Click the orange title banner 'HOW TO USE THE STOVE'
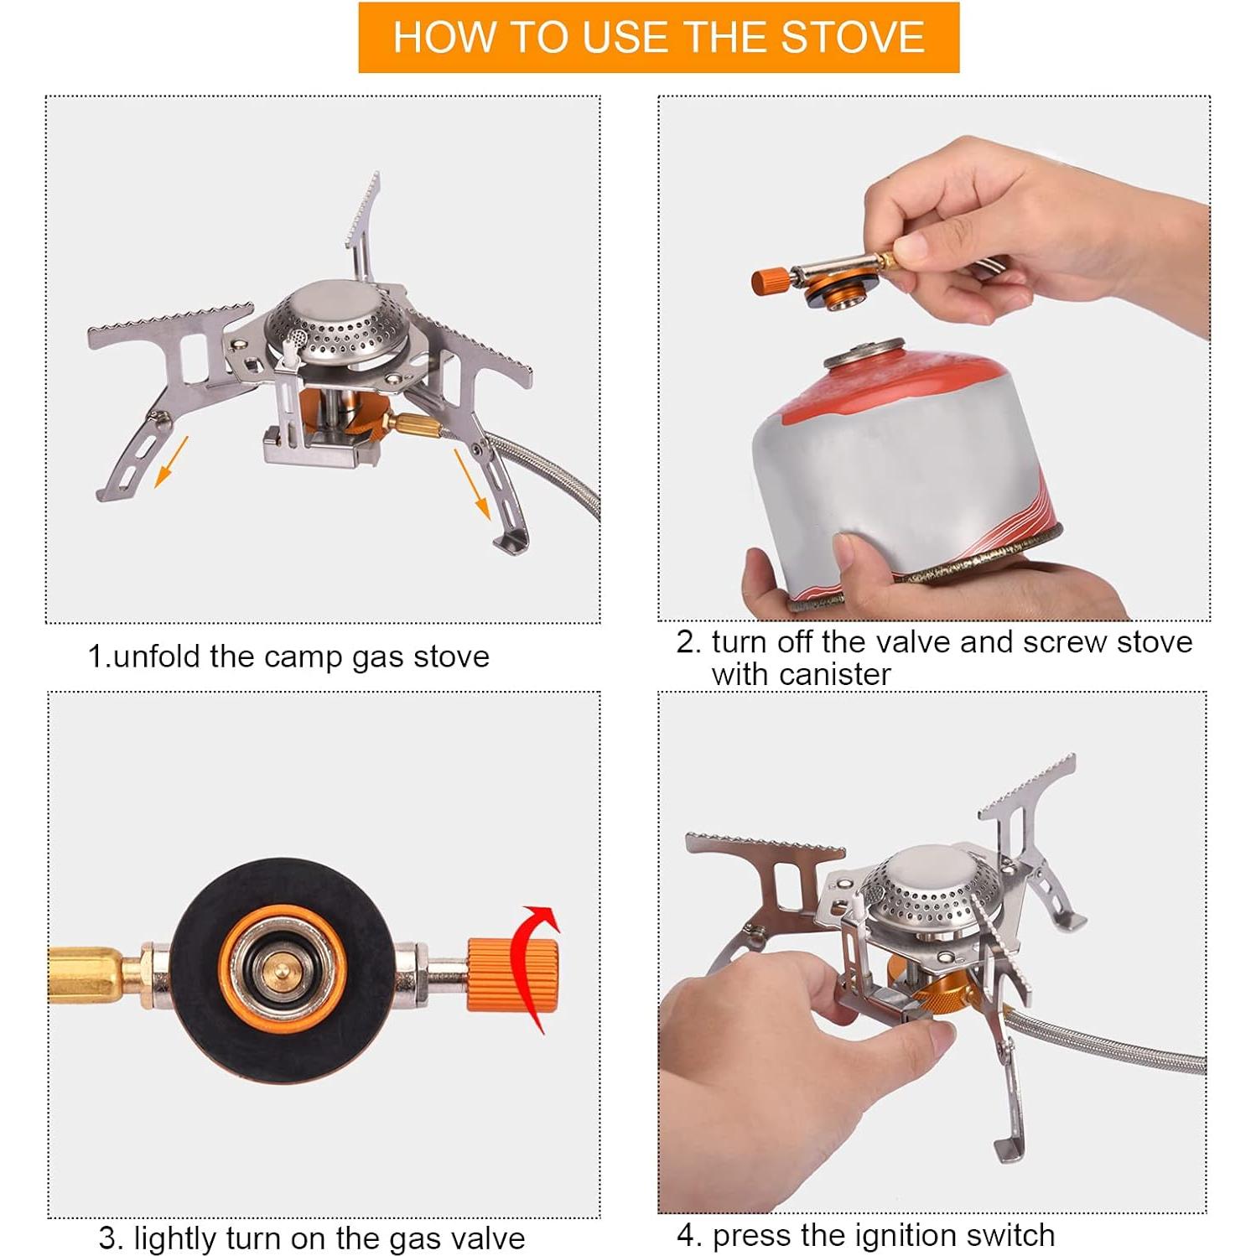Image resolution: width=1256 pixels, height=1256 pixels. [x=658, y=38]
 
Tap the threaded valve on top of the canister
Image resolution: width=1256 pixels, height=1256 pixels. [x=865, y=352]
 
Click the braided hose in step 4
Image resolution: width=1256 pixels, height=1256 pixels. [x=1115, y=1048]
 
